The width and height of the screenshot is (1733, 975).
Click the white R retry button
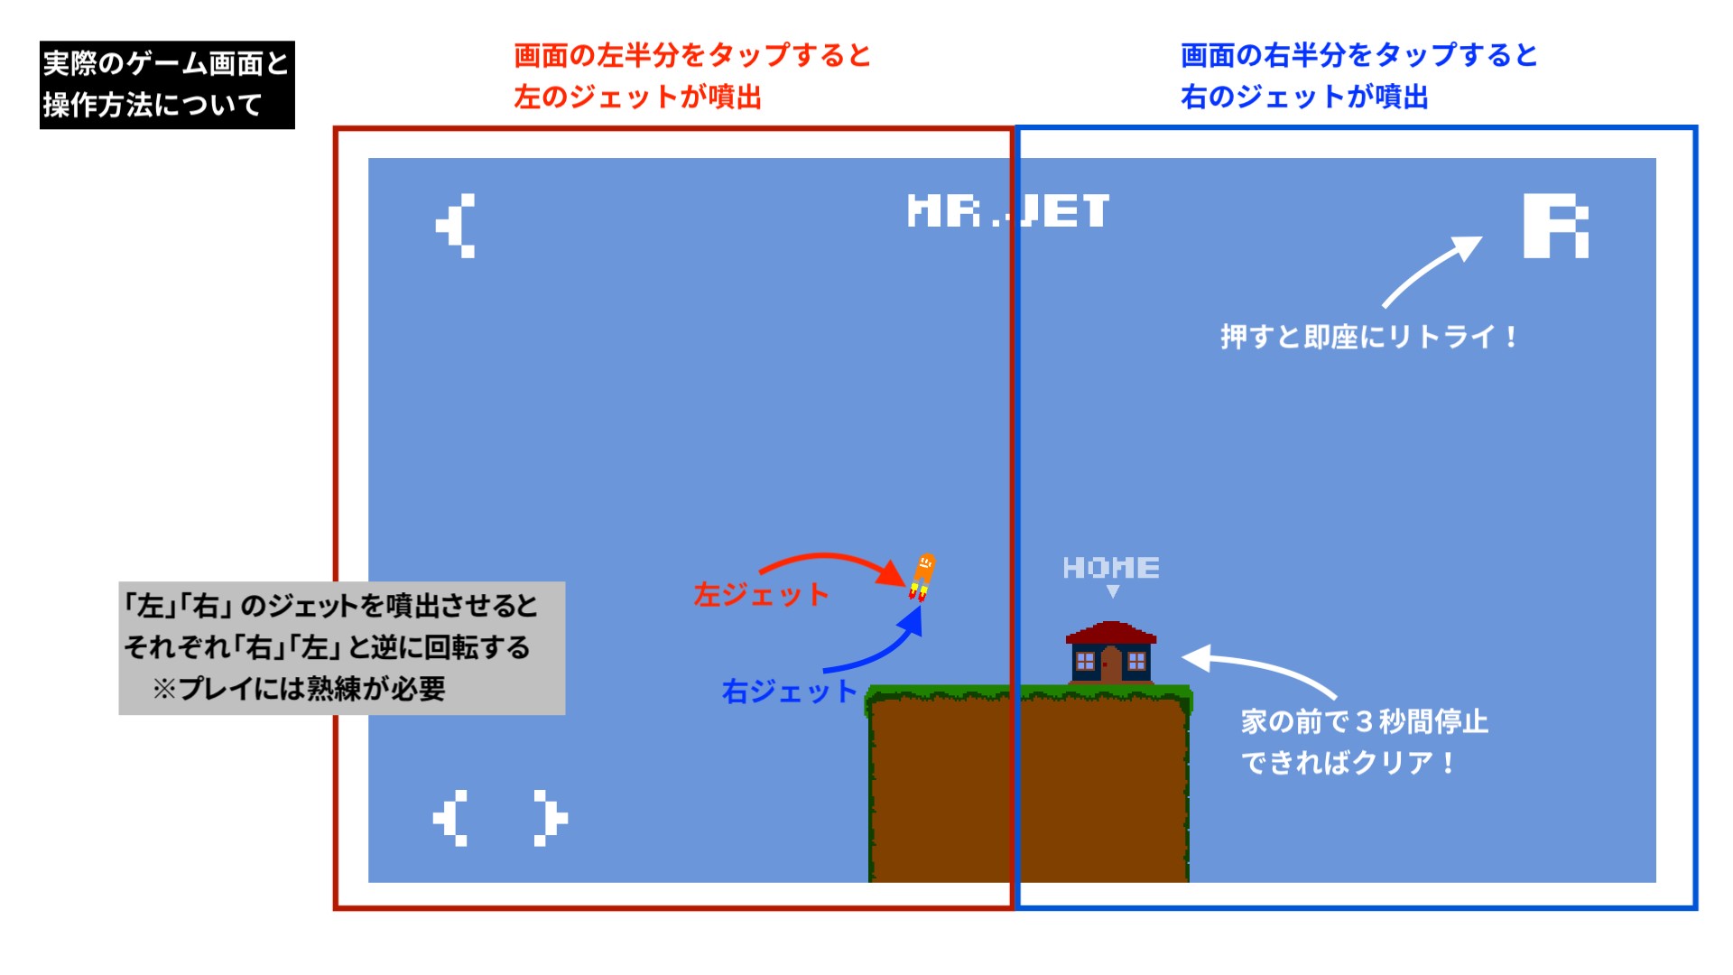[1556, 226]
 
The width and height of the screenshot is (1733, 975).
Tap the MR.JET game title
[1008, 211]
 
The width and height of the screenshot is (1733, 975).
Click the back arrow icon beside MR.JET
[455, 226]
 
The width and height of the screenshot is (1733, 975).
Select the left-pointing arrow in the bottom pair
[450, 818]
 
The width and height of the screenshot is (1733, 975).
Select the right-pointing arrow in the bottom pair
[551, 818]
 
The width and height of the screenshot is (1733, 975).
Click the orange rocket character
[922, 577]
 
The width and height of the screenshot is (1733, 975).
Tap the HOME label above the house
[1111, 567]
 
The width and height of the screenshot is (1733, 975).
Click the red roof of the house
[1111, 632]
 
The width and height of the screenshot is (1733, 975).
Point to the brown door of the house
[1111, 665]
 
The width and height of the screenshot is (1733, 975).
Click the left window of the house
[1086, 662]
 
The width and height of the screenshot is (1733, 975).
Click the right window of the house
[1136, 662]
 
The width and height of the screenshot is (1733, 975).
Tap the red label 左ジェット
[761, 595]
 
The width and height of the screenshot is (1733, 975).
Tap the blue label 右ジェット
[789, 692]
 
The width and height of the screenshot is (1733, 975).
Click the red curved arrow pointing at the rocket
[832, 557]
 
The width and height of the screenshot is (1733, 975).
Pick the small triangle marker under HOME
[1113, 591]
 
